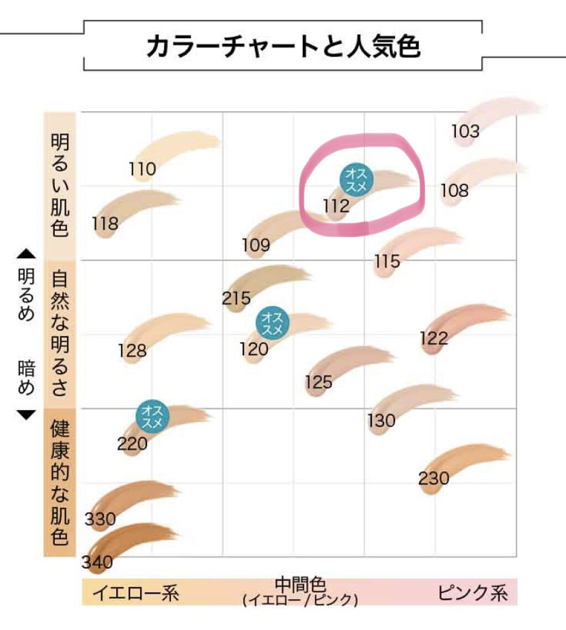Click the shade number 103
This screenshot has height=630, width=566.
465,132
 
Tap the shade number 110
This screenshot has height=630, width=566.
143,168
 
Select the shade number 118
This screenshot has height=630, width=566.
105,223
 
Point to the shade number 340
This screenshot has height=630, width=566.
97,562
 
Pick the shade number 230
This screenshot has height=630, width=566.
433,478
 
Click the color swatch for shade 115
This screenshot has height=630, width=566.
420,243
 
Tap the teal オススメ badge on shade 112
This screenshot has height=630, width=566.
357,180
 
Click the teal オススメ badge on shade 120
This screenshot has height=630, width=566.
271,324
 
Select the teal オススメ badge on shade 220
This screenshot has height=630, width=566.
152,417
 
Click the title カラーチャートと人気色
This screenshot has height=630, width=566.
283,47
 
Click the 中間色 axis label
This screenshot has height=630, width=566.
300,586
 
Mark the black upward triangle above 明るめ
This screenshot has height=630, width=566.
26,254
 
